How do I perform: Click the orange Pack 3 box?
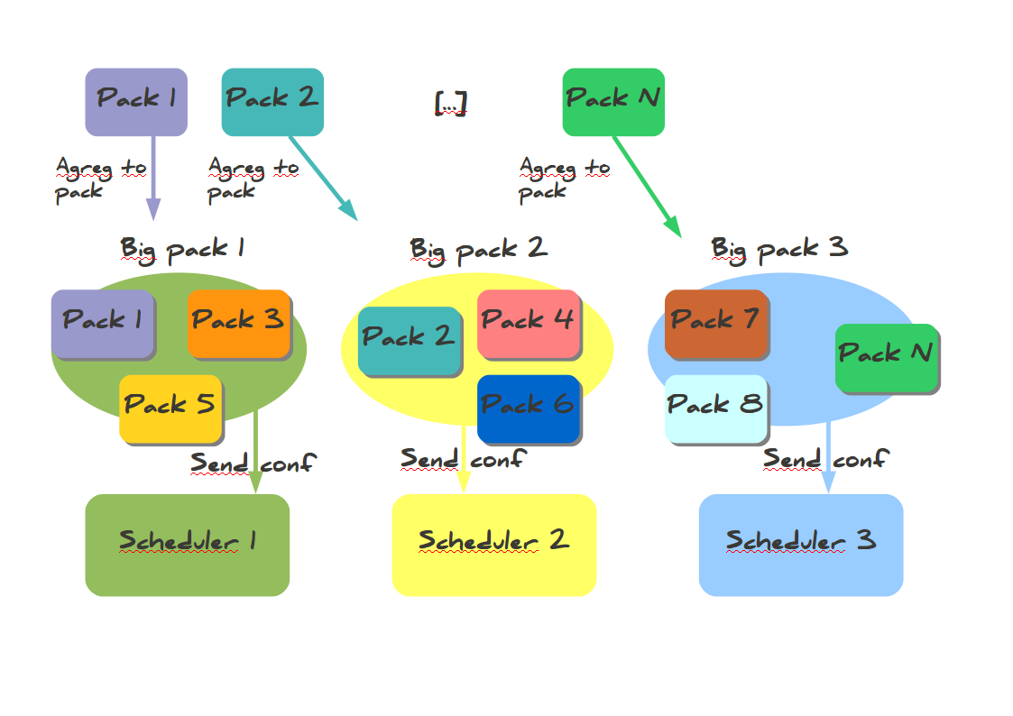tap(238, 323)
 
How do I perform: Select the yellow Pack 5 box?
tap(170, 408)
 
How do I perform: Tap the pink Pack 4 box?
tap(529, 323)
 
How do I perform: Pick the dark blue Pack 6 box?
tap(529, 408)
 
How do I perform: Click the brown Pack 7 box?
tap(715, 323)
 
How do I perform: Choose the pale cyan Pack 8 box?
tap(715, 408)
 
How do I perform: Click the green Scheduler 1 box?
tap(187, 545)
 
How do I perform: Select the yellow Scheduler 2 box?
tap(493, 545)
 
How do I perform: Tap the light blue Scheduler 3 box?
tap(800, 545)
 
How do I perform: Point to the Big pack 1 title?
tap(182, 248)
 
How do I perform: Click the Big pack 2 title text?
tap(478, 249)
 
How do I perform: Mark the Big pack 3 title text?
tap(779, 248)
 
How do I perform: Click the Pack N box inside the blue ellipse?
tap(887, 356)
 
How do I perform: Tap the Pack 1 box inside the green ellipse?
tap(102, 323)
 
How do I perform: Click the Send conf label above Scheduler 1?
tap(253, 464)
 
